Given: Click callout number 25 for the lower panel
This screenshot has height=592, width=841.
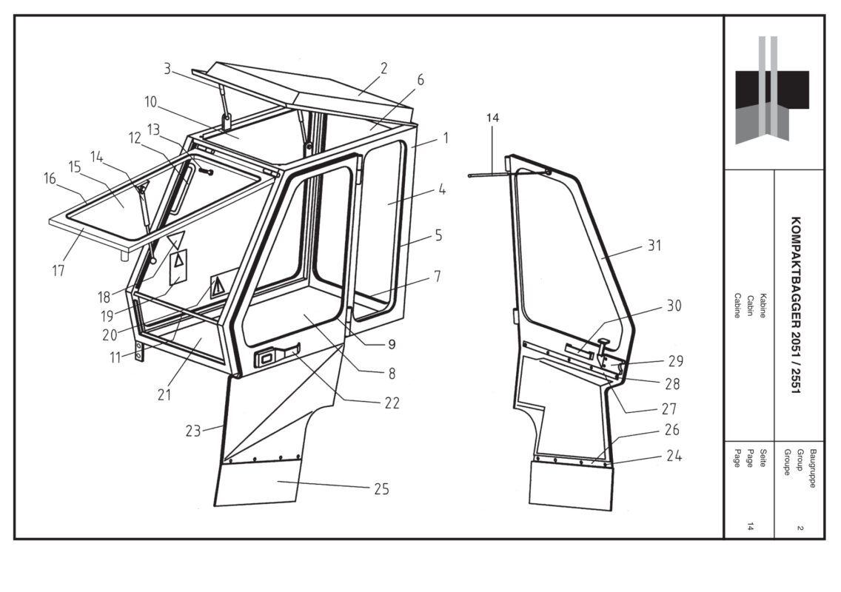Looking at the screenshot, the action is pyautogui.click(x=381, y=489).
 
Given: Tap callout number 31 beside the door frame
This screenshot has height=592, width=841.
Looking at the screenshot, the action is pyautogui.click(x=654, y=246).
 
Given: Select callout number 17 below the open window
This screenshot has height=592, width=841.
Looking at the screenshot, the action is pyautogui.click(x=58, y=270).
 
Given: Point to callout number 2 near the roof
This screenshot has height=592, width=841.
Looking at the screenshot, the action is pyautogui.click(x=383, y=69).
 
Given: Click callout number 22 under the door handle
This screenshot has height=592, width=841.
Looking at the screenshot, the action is pyautogui.click(x=392, y=403).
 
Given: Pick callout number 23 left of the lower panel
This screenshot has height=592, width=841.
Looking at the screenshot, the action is pyautogui.click(x=193, y=431).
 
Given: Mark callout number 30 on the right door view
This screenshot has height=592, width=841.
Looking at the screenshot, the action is pyautogui.click(x=674, y=306).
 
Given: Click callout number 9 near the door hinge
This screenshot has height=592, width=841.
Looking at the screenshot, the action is pyautogui.click(x=392, y=344).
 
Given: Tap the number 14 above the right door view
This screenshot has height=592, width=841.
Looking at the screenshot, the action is pyautogui.click(x=492, y=118).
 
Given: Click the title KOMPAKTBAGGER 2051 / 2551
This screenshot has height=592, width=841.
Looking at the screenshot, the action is pyautogui.click(x=796, y=305).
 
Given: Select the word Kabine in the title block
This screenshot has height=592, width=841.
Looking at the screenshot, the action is pyautogui.click(x=763, y=306).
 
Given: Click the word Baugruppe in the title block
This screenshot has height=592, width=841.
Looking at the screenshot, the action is pyautogui.click(x=813, y=468).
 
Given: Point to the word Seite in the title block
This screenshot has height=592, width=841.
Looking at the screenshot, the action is pyautogui.click(x=763, y=457).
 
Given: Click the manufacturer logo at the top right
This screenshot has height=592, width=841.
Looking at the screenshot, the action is pyautogui.click(x=772, y=90).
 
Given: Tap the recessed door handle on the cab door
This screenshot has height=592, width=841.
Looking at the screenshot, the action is pyautogui.click(x=277, y=355).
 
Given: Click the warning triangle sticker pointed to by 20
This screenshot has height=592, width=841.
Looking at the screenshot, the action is pyautogui.click(x=217, y=287).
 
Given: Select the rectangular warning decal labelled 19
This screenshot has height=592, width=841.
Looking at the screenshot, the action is pyautogui.click(x=178, y=266).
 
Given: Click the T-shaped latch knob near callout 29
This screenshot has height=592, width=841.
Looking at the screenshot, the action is pyautogui.click(x=603, y=343).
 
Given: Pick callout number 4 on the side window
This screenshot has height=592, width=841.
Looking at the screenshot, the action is pyautogui.click(x=441, y=189).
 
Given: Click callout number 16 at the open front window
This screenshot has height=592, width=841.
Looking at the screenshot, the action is pyautogui.click(x=50, y=178).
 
